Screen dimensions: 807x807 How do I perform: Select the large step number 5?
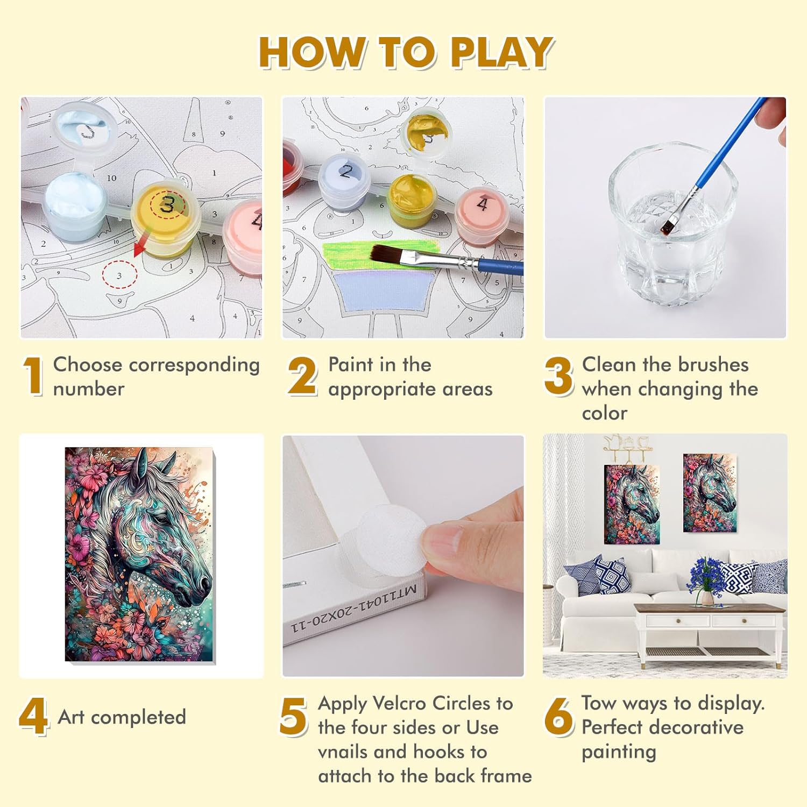pos(294,716)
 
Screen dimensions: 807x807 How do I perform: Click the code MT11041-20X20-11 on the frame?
pos(354,608)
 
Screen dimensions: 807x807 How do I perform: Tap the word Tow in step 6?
pos(598,703)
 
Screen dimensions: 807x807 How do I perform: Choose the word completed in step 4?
pos(138,718)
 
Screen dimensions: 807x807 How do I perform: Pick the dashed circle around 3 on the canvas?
pos(119,274)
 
